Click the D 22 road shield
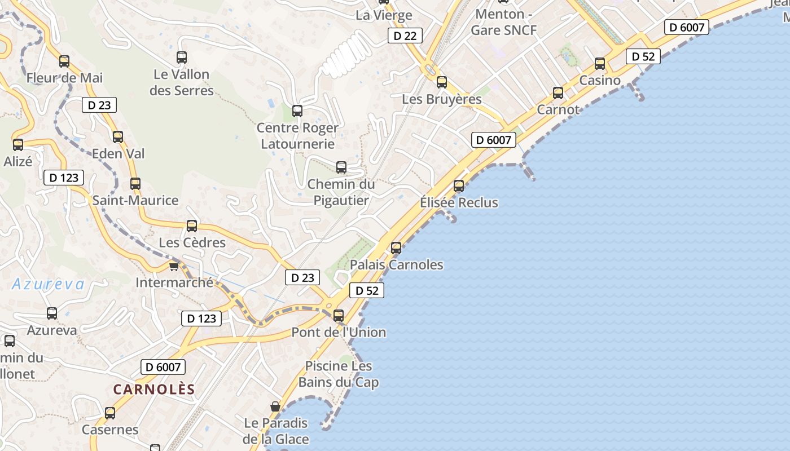[405, 36]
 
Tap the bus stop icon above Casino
[600, 64]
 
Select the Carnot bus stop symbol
[558, 93]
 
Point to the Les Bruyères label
[442, 99]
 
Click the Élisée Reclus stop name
[459, 202]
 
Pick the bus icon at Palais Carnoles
[396, 247]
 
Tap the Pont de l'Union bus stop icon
[339, 316]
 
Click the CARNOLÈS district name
[154, 389]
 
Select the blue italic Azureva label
[48, 284]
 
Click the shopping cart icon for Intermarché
[174, 266]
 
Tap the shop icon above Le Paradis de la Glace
[275, 406]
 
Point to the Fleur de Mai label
[64, 78]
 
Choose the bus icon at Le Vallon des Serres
[182, 58]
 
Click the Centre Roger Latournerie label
[297, 135]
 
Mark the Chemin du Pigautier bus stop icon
[341, 167]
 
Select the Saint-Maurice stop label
[135, 200]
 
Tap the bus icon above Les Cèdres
[192, 226]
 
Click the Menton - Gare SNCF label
[504, 22]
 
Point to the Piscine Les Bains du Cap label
[339, 374]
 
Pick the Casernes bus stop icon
[110, 413]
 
